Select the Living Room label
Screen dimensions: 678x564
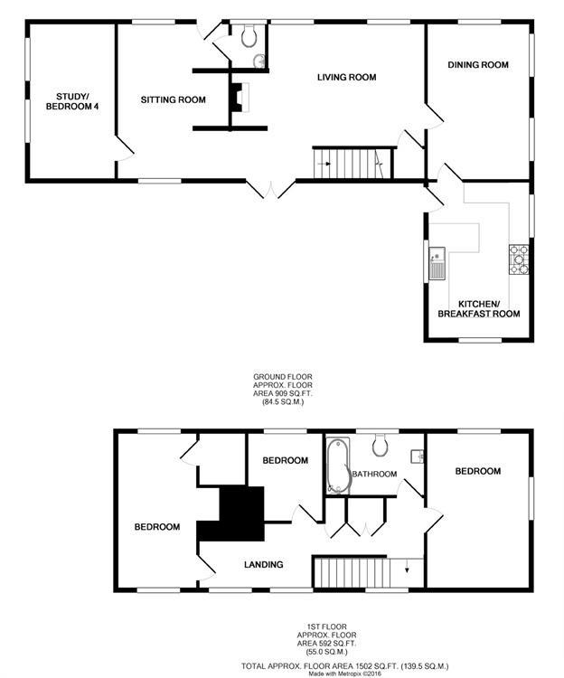(346, 78)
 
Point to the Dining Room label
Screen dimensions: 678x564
(478, 65)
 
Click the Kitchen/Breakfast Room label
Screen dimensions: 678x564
(489, 308)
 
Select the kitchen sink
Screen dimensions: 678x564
(437, 261)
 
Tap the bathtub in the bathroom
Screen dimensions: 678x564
(338, 466)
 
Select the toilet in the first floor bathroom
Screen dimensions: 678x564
(381, 444)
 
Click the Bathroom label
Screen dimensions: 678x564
(374, 474)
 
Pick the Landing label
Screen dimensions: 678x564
(264, 565)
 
